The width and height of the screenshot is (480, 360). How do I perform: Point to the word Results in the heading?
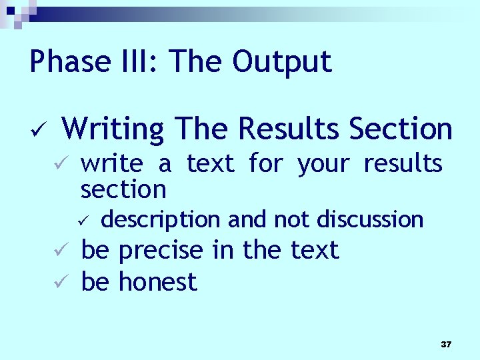pyautogui.click(x=288, y=129)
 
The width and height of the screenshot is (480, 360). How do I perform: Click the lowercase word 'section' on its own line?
pyautogui.click(x=123, y=189)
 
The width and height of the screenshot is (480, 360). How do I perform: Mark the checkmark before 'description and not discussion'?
pyautogui.click(x=83, y=219)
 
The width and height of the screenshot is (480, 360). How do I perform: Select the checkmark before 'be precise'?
pyautogui.click(x=59, y=251)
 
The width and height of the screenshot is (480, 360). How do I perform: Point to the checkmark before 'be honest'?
pyautogui.click(x=59, y=283)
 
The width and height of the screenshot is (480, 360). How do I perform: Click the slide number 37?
pyautogui.click(x=446, y=345)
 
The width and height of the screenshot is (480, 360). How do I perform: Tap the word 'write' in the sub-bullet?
pyautogui.click(x=111, y=164)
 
